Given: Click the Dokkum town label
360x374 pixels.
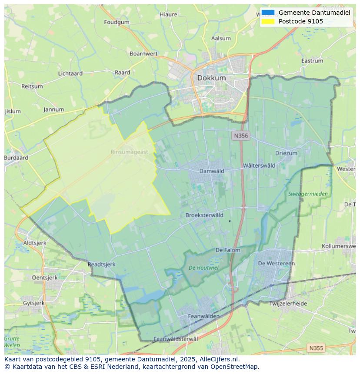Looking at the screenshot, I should pyautogui.click(x=211, y=78).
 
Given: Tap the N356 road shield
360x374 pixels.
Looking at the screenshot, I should pyautogui.click(x=241, y=136).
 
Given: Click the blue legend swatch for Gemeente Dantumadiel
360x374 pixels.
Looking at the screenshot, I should pyautogui.click(x=268, y=13).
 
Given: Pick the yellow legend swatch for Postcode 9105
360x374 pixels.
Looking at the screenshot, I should pyautogui.click(x=268, y=21).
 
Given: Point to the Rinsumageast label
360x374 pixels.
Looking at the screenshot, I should pyautogui.click(x=129, y=152).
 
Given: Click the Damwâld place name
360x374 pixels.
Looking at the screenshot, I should pyautogui.click(x=212, y=171).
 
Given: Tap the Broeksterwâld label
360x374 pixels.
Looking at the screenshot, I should pyautogui.click(x=204, y=215).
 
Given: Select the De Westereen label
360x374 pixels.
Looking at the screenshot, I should pyautogui.click(x=276, y=263).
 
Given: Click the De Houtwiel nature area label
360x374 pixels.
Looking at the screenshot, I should pyautogui.click(x=203, y=268).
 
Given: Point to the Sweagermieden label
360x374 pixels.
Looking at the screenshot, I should pyautogui.click(x=308, y=194).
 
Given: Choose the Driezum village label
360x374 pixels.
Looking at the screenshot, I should pyautogui.click(x=286, y=153).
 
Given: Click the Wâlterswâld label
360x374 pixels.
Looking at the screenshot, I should pyautogui.click(x=259, y=165).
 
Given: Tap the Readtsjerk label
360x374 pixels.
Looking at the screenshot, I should pyautogui.click(x=101, y=264).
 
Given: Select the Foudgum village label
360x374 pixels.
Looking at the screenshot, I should pyautogui.click(x=117, y=22).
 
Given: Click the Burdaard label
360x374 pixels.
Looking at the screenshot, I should pyautogui.click(x=16, y=158).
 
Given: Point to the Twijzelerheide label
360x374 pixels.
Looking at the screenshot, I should pyautogui.click(x=288, y=304).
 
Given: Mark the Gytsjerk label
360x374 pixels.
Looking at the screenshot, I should pyautogui.click(x=33, y=303).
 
